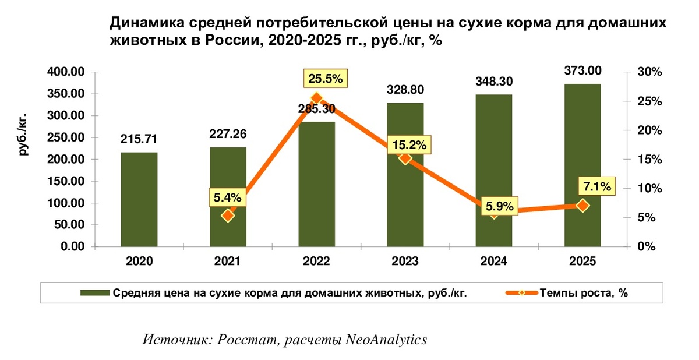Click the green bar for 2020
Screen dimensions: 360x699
coord(139,199)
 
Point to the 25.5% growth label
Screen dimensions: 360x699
coord(326,78)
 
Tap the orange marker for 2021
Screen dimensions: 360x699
coord(228,216)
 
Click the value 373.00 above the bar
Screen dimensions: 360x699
coord(582,70)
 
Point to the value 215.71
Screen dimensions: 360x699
coord(139,139)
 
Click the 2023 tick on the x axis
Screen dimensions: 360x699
coord(405,262)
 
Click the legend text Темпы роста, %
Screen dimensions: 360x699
coord(583,294)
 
